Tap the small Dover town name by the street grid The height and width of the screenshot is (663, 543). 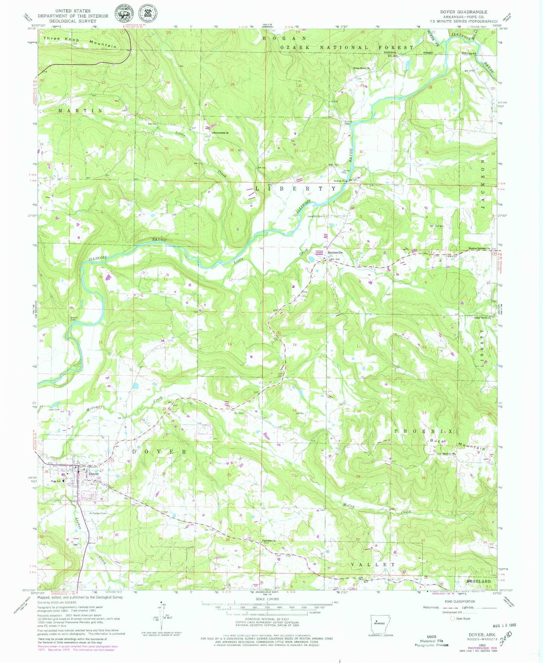pyautogui.click(x=94, y=474)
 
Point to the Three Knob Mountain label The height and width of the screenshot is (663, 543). pyautogui.click(x=80, y=42)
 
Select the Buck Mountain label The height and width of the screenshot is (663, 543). pyautogui.click(x=458, y=444)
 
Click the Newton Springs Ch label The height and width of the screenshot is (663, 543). pyautogui.click(x=479, y=248)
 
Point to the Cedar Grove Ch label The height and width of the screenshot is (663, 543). pyautogui.click(x=480, y=318)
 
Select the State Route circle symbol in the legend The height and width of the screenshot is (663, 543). pyautogui.click(x=452, y=618)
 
